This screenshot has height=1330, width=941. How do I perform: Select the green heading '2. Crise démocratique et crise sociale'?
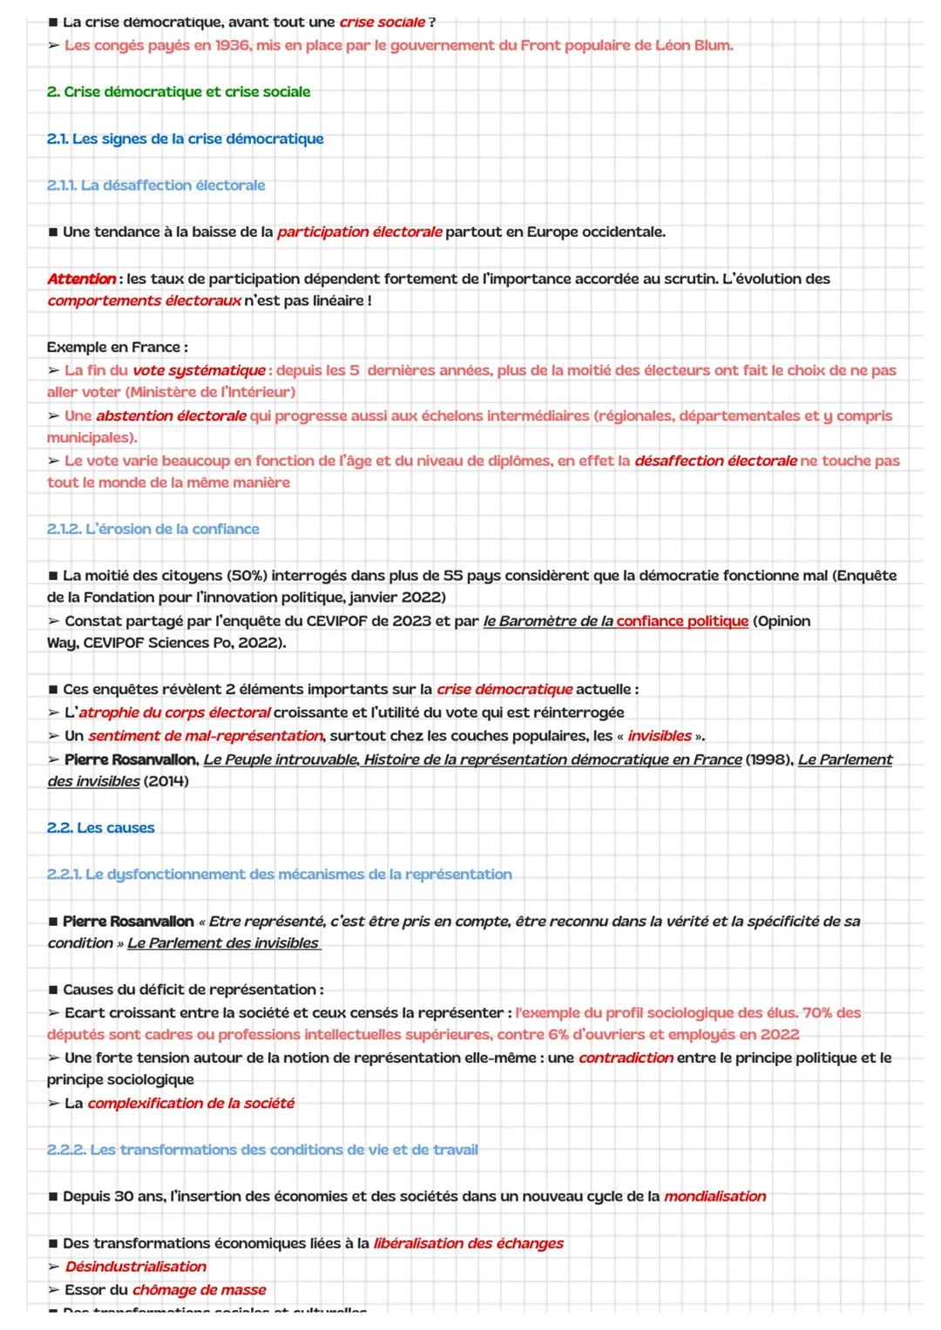(x=179, y=91)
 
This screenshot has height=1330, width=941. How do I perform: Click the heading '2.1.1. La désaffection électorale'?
(x=156, y=185)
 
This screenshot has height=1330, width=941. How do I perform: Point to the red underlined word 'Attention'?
(x=81, y=279)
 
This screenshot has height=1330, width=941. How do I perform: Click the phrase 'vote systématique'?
(x=199, y=370)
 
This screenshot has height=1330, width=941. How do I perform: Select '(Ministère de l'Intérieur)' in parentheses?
(x=210, y=392)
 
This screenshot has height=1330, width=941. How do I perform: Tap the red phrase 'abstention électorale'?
(x=171, y=415)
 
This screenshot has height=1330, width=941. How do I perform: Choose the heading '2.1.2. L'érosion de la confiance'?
(x=153, y=529)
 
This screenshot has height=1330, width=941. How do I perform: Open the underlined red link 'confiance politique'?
(x=682, y=621)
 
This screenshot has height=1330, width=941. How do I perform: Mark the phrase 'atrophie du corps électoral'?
(x=174, y=712)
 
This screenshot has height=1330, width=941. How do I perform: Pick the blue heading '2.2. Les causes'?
(x=101, y=827)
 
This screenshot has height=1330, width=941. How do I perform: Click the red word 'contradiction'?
(x=626, y=1057)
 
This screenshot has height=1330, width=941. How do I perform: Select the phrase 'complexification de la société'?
(x=191, y=1103)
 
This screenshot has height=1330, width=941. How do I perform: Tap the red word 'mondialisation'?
(x=714, y=1196)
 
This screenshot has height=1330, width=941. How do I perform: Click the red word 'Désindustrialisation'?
(x=136, y=1266)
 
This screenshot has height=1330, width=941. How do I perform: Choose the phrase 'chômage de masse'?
(x=199, y=1289)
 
